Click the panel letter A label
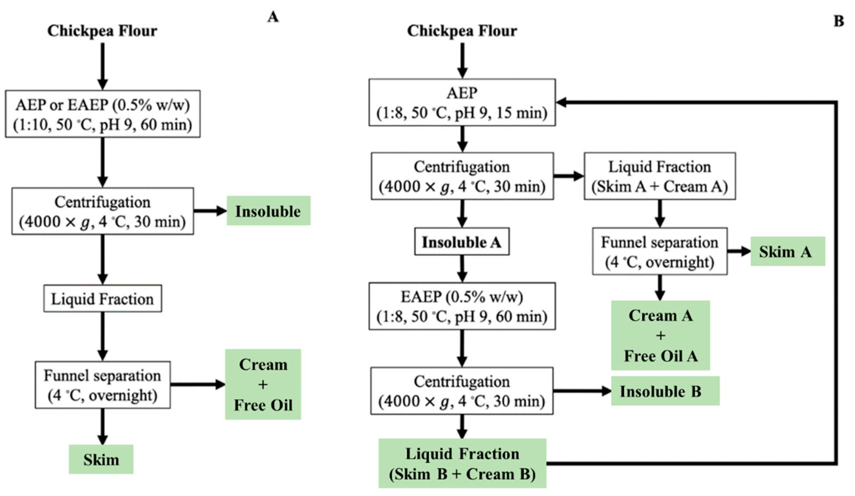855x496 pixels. [273, 17]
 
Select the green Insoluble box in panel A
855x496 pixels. [268, 211]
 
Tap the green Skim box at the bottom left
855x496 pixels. [101, 460]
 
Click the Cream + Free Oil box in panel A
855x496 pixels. [263, 385]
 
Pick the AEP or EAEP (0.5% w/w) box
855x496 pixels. [102, 114]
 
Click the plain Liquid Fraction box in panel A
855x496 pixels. [102, 299]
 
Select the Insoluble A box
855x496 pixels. [461, 242]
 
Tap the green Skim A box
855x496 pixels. [787, 252]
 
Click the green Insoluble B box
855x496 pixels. [665, 391]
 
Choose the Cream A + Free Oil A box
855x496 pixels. [660, 335]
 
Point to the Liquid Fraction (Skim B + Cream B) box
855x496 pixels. [462, 463]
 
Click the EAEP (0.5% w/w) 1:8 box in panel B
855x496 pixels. [462, 306]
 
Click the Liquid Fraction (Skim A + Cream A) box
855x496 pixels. [659, 176]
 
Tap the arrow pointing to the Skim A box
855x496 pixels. [738, 252]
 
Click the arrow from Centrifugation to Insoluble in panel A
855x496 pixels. [210, 211]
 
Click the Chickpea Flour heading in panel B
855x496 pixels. [462, 31]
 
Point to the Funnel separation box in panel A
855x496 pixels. [102, 385]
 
